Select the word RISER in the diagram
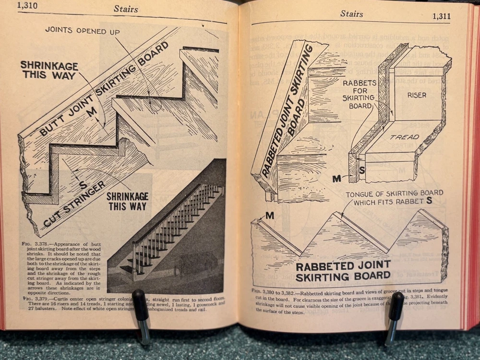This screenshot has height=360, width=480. (417, 95)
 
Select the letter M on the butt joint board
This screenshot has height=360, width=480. (92, 112)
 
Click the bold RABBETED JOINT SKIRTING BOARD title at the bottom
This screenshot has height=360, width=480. (343, 271)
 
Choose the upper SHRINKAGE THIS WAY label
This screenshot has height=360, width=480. (48, 70)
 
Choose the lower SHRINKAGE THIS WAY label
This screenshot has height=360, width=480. (127, 201)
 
